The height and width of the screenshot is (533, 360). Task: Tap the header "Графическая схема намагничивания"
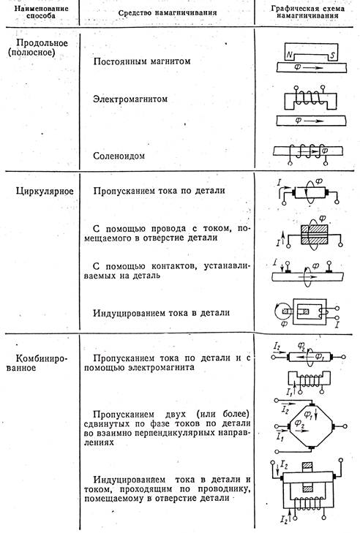[x=307, y=15]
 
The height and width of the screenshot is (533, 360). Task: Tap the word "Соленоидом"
[x=121, y=155]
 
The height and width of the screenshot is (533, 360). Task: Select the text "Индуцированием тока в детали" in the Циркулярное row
[x=162, y=313]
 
